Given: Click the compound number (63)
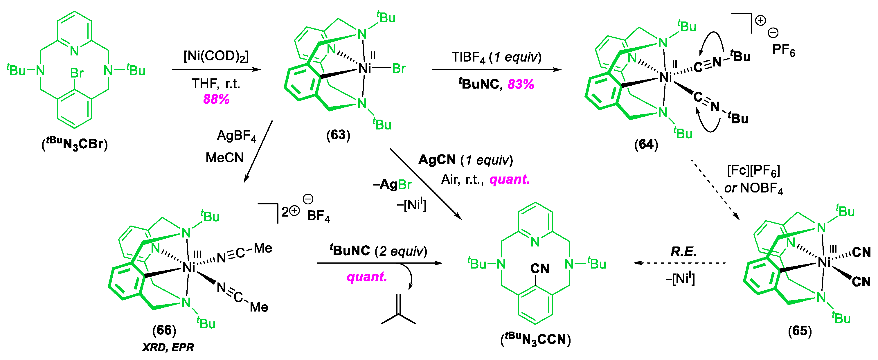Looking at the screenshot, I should coord(338,135).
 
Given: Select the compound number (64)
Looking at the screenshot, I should coord(646,144).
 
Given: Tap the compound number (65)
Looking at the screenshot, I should coord(800,331).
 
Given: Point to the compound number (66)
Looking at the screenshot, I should coord(164,330).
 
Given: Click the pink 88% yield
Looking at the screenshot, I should coord(216,99).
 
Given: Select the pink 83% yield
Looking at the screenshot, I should coord(521,84).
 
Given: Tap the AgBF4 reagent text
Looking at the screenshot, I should coord(237,136).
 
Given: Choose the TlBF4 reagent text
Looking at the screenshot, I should coord(468,57).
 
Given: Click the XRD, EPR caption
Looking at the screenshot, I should coord(168,347).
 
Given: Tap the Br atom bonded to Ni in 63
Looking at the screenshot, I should coord(399,69).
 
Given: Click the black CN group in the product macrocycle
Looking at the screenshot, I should coord(539,269).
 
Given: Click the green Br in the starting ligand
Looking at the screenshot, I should coord(77,73).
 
